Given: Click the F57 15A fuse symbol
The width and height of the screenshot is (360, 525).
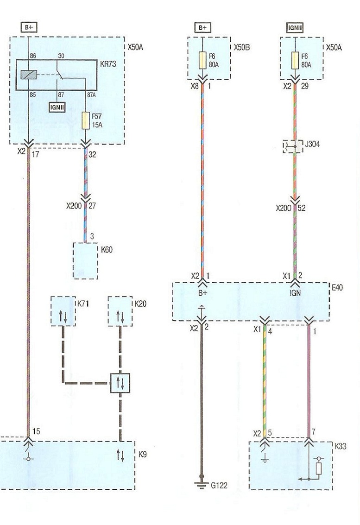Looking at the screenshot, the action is coord(86,120).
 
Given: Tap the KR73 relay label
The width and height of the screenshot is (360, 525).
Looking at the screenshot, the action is coord(108,64).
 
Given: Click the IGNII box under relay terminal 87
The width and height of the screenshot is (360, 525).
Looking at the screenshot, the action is coord(57,107).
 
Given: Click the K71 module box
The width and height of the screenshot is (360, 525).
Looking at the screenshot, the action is coord(63,311).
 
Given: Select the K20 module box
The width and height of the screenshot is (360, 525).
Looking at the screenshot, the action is coord(120,311).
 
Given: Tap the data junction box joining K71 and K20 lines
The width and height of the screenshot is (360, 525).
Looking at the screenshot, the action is coord(120,383).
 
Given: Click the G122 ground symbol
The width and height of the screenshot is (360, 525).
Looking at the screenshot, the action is coord(202,483).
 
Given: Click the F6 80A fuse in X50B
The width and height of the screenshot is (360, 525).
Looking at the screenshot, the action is coord(202,60).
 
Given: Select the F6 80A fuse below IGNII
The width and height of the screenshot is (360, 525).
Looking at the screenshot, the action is coord(295,60).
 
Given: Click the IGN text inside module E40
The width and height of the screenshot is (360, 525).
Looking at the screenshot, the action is coord(295,293).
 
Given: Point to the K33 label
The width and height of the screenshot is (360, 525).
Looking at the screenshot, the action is coord(341,446).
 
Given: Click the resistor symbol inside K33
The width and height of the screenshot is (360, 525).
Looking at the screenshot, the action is coord(318,469).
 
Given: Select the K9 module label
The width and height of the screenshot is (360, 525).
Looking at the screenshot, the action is coord(143,455).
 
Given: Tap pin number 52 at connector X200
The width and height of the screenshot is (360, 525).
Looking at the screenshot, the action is coord(302,208).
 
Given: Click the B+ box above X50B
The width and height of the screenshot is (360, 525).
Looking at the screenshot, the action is coord(202,28).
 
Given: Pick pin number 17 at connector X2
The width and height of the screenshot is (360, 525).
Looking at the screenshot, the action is coord(36,154).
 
